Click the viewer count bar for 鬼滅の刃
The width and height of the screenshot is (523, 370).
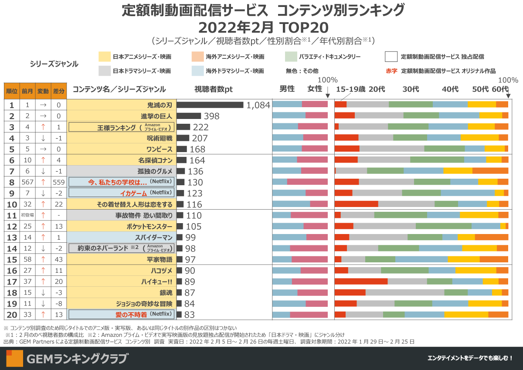(210, 105)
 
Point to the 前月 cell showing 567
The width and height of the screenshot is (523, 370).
(27, 182)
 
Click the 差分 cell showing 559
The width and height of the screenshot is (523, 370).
(59, 182)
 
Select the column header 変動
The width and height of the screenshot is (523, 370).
(43, 91)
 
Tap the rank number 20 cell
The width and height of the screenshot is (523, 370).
(12, 314)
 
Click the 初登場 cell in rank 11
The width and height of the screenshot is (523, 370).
(27, 215)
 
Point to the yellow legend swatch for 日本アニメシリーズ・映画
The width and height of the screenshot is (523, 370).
(104, 57)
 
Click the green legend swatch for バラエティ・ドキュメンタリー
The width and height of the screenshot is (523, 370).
(291, 57)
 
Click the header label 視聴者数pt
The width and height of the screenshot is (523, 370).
(214, 89)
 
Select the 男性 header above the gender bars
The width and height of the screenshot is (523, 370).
(287, 89)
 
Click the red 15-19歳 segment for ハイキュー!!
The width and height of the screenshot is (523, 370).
(361, 281)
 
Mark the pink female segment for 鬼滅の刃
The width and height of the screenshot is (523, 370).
(315, 105)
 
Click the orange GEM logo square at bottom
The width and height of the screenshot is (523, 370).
(14, 358)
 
